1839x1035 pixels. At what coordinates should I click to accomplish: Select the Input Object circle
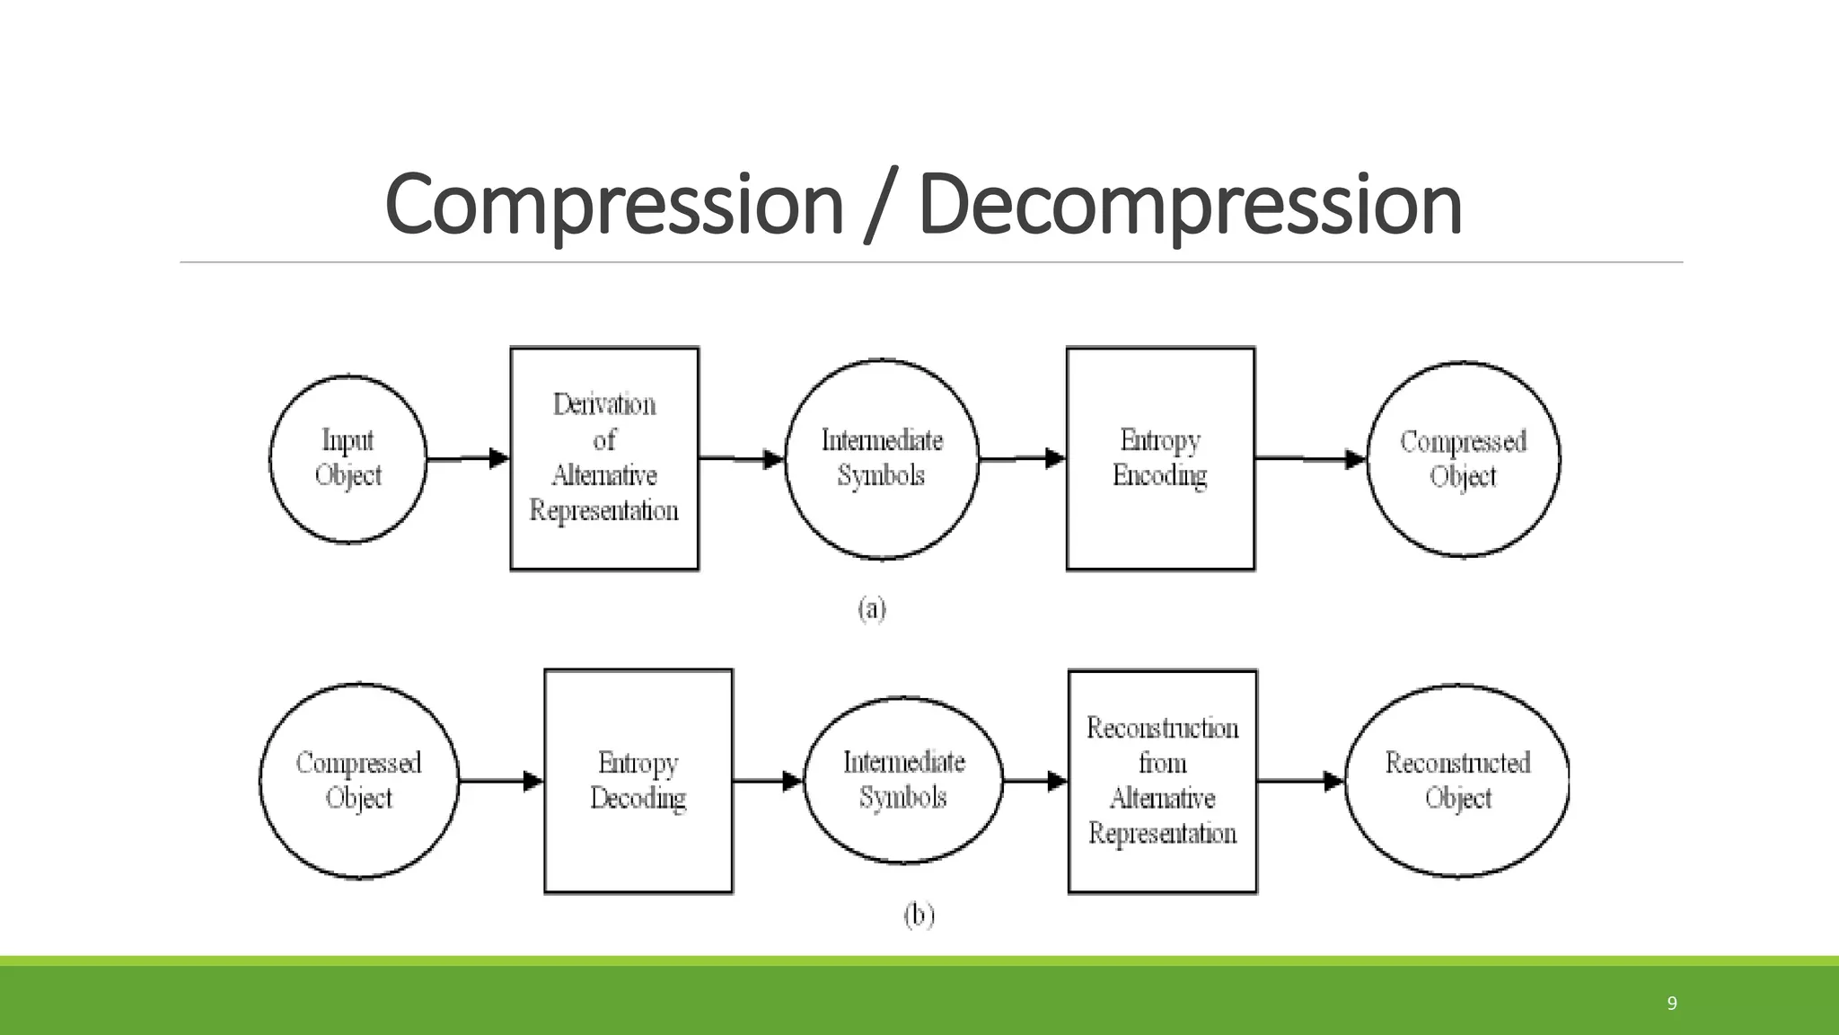[348, 458]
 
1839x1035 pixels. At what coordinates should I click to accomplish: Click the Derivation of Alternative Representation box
[604, 458]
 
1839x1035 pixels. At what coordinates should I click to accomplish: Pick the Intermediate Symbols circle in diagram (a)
[882, 458]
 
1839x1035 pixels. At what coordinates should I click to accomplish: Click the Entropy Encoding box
[1160, 458]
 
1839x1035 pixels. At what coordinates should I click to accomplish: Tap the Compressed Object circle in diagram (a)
[1463, 459]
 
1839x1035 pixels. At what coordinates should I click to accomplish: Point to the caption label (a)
[872, 609]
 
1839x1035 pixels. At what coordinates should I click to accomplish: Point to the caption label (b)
[919, 916]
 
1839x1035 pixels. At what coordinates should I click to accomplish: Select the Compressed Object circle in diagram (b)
[359, 781]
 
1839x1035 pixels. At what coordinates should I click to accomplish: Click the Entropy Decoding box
[638, 781]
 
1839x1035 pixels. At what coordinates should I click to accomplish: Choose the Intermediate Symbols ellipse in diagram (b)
[903, 780]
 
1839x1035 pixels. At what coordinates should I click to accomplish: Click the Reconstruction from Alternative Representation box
[1162, 781]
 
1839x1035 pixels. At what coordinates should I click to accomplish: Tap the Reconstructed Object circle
[1457, 781]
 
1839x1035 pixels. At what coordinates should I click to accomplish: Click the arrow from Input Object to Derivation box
[468, 458]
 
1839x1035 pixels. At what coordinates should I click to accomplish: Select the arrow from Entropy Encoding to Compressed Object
[1310, 459]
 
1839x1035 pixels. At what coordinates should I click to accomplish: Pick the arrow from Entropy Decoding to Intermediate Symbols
[768, 781]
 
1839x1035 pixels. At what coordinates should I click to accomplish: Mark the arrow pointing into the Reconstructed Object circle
[1300, 781]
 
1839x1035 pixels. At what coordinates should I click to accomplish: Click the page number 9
[1671, 1004]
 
